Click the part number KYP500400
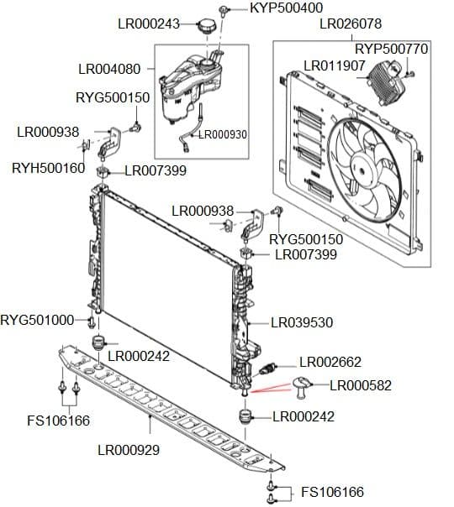click(x=286, y=8)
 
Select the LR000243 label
click(x=149, y=24)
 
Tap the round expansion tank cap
click(x=206, y=26)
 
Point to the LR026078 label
click(x=351, y=24)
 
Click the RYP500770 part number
click(x=392, y=50)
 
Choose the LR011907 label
click(x=335, y=66)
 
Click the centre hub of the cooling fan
click(x=365, y=169)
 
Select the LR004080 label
click(x=109, y=69)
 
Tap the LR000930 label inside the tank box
click(x=223, y=134)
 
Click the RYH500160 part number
click(x=48, y=168)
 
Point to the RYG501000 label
click(x=37, y=320)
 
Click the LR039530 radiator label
click(x=302, y=322)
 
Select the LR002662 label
click(x=330, y=362)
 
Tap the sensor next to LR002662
click(x=267, y=369)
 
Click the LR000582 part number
click(x=361, y=385)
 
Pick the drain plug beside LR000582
click(x=302, y=387)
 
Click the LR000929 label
click(x=129, y=450)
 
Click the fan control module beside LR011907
click(x=385, y=82)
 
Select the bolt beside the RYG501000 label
click(x=92, y=322)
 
